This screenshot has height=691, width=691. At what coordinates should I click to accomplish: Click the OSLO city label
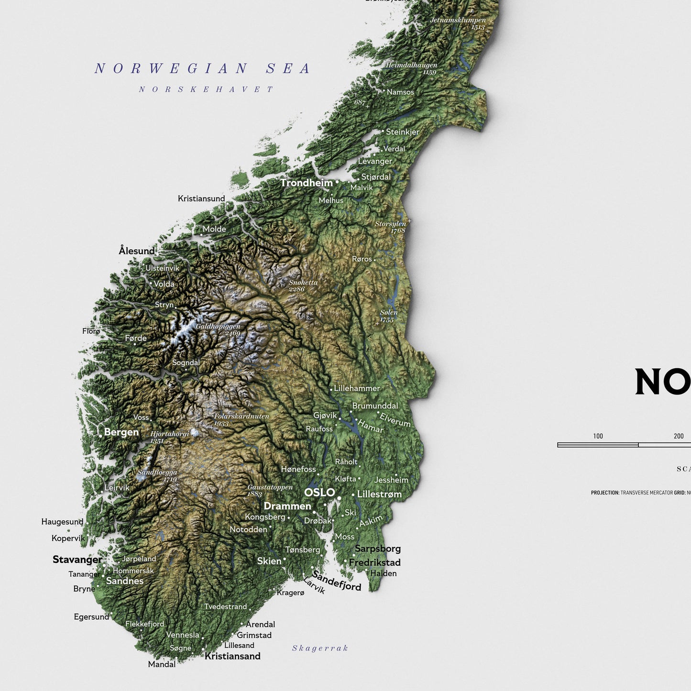(x=319, y=493)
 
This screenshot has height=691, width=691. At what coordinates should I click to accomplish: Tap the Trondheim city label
(x=306, y=183)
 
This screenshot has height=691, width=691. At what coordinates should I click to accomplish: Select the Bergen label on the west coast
(x=121, y=432)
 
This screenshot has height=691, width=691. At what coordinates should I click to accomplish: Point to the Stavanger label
(x=77, y=559)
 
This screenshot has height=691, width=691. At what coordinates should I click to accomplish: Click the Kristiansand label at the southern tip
(x=232, y=656)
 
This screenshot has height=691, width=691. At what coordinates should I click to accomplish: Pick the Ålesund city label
(x=137, y=251)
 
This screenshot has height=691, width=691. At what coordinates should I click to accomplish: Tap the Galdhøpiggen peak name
(x=218, y=327)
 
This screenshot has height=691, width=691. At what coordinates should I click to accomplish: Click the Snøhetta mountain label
(x=303, y=283)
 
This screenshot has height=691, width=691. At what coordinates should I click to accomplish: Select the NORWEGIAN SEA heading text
(x=202, y=69)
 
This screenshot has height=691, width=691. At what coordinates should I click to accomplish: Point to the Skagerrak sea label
(x=320, y=648)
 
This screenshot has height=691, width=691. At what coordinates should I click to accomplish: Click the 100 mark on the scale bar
(x=598, y=436)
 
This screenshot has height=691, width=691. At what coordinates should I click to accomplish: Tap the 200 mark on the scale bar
(x=679, y=436)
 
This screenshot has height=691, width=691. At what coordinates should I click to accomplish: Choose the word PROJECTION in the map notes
(x=605, y=493)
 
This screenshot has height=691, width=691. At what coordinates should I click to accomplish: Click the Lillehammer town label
(x=357, y=388)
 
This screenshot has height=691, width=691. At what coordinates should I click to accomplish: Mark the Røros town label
(x=362, y=259)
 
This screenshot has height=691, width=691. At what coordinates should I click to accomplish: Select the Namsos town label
(x=400, y=92)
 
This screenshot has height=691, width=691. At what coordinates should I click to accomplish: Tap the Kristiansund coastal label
(x=201, y=198)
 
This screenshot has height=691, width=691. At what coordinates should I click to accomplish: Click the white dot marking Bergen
(x=100, y=436)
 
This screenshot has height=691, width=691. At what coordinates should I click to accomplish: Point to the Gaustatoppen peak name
(x=270, y=487)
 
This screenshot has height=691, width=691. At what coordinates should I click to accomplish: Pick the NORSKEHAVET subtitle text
(x=206, y=89)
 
